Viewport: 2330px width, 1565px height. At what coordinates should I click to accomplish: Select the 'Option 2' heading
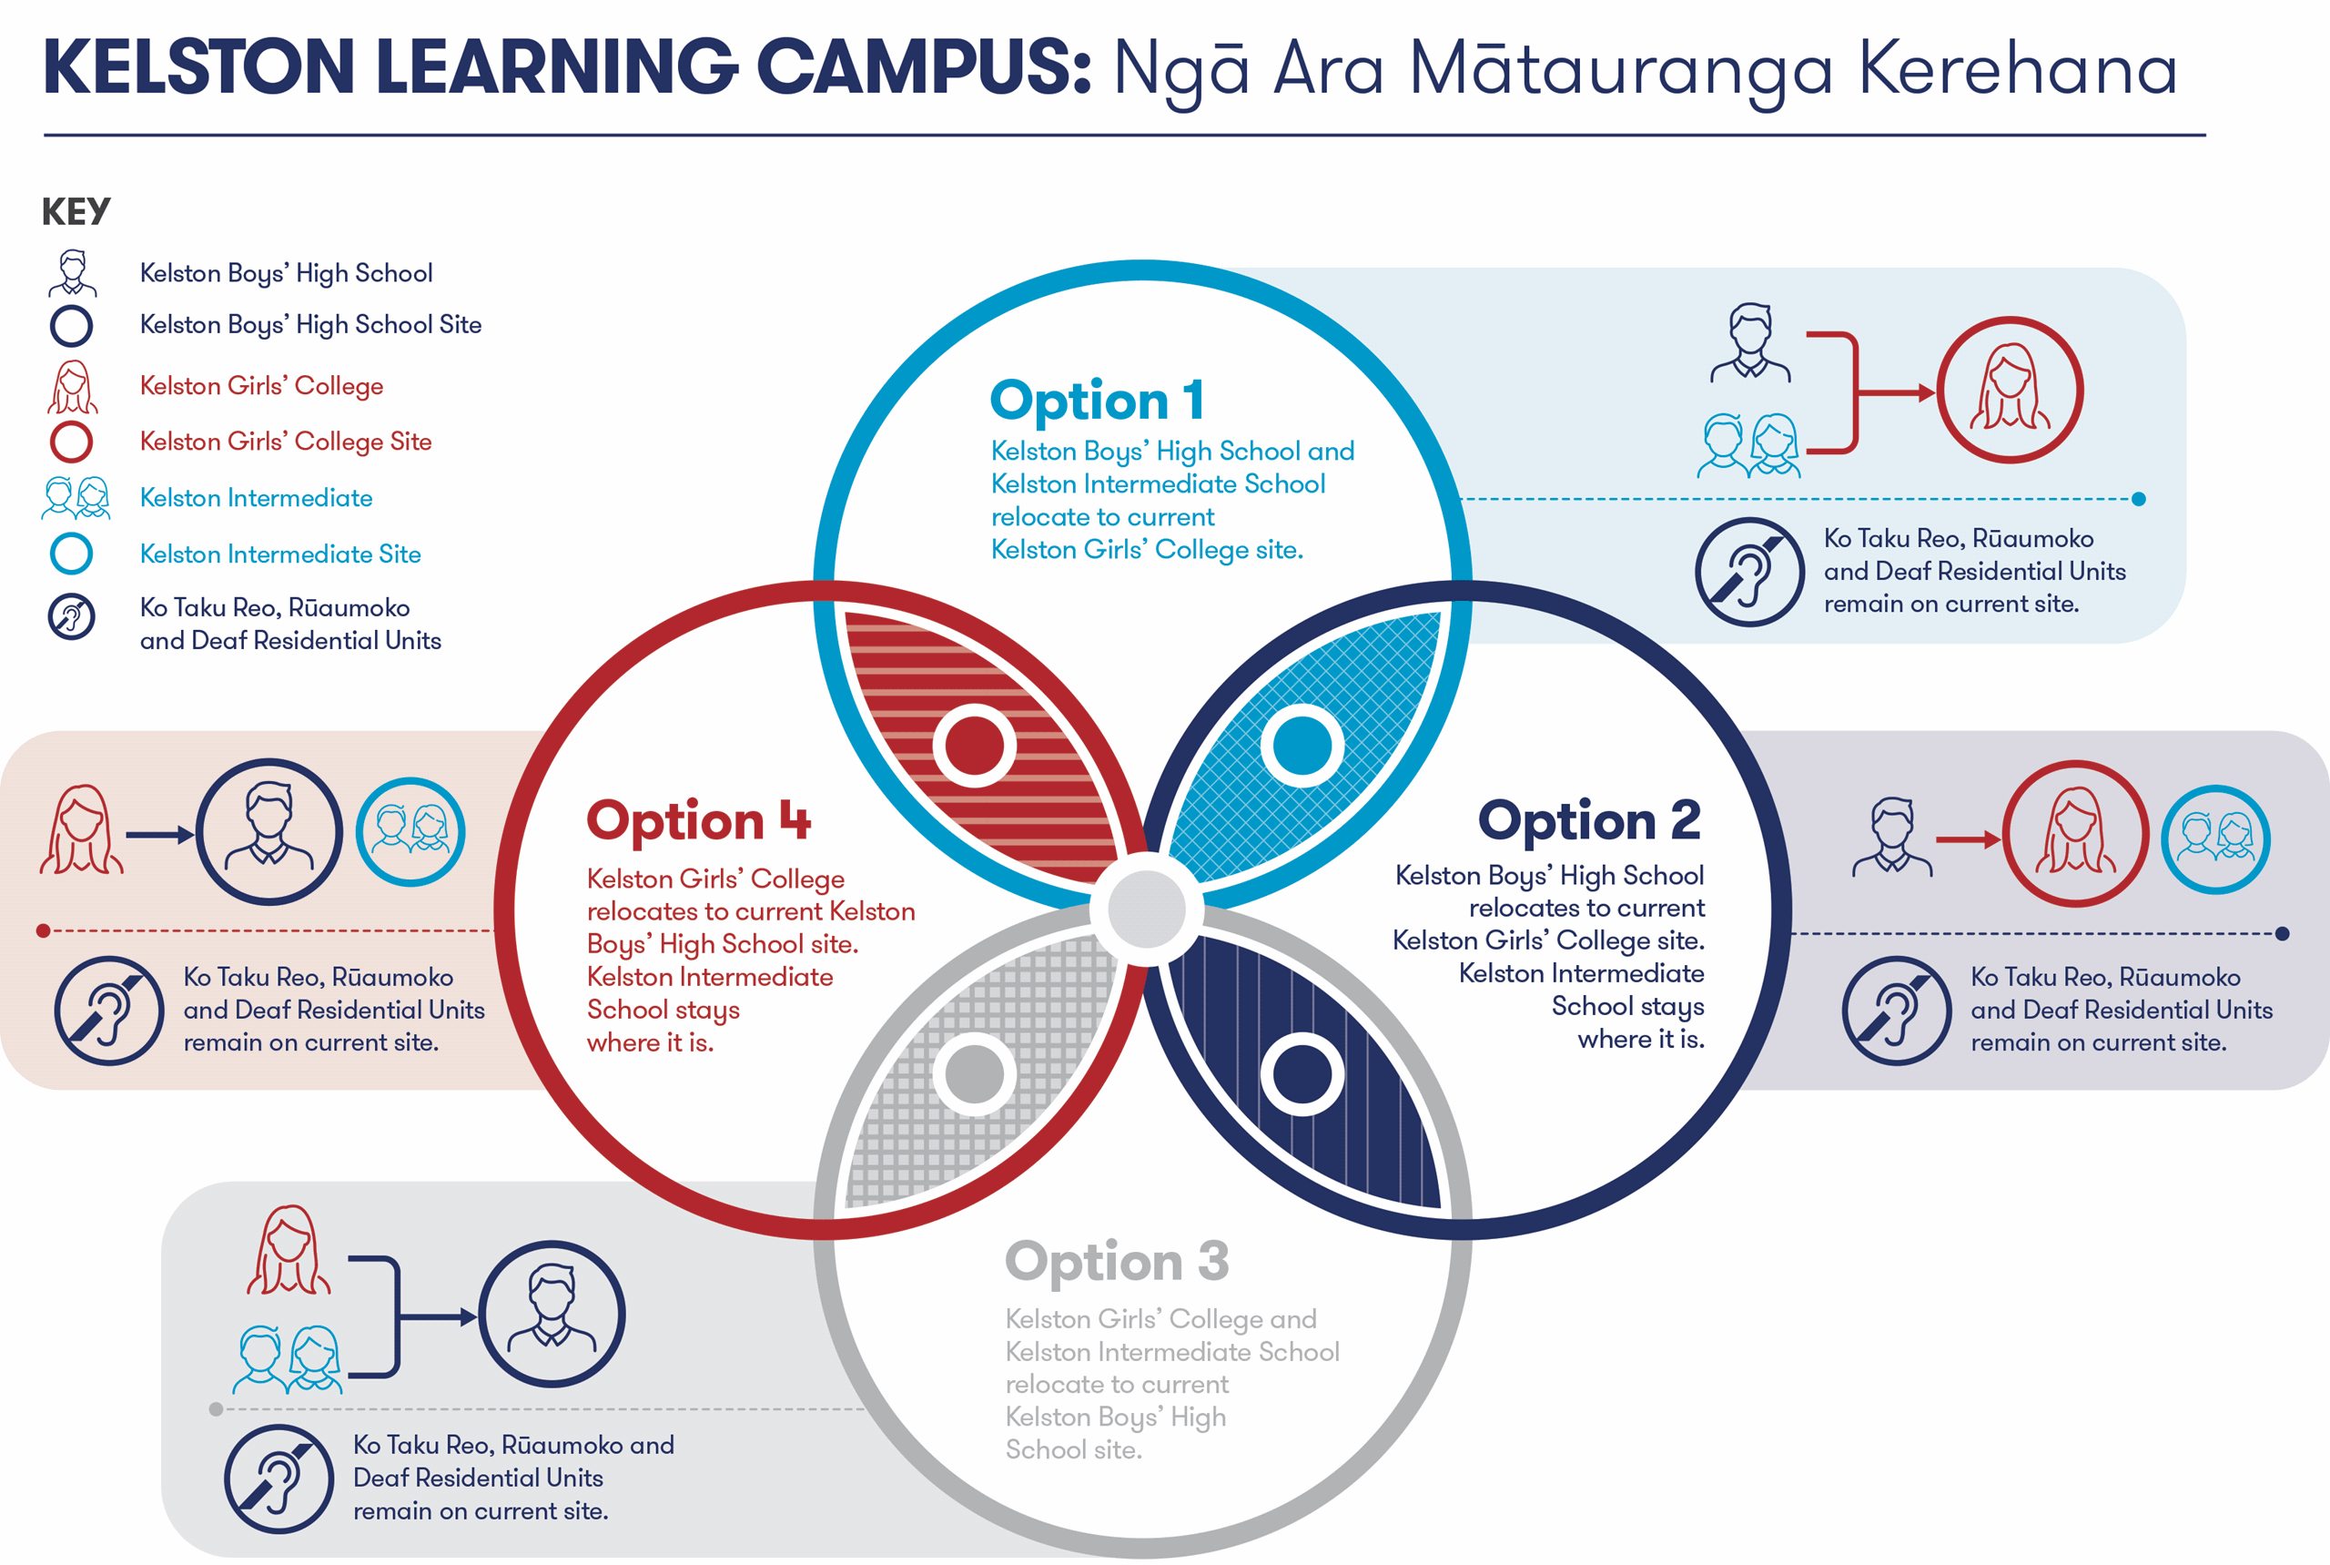(1588, 821)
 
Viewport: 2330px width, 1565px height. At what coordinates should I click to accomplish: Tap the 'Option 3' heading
(1117, 1262)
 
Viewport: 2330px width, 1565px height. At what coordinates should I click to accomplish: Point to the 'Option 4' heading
(698, 821)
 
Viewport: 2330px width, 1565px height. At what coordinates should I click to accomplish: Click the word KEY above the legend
(76, 211)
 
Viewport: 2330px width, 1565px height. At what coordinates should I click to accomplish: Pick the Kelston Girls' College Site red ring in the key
(72, 442)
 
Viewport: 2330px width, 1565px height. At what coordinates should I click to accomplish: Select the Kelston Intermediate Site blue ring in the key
(72, 554)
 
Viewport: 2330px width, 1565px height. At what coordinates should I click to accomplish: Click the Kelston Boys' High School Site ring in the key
(72, 325)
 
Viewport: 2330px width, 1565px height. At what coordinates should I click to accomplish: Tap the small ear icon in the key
(72, 617)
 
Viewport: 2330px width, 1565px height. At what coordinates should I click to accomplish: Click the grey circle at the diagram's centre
(1147, 909)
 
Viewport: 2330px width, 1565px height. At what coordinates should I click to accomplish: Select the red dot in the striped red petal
(974, 746)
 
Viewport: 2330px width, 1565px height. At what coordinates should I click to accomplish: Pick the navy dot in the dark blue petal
(1302, 1074)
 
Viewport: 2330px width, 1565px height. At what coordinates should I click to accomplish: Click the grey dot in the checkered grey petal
(974, 1074)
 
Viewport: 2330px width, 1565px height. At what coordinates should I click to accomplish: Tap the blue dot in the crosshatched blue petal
(1302, 746)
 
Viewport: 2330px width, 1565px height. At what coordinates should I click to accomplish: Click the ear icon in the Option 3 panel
(279, 1479)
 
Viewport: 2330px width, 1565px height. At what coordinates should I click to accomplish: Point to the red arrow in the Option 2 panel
(1967, 839)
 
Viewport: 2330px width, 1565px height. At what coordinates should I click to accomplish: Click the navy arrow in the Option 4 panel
(159, 835)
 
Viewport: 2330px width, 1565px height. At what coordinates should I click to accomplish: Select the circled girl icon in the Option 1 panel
(2010, 391)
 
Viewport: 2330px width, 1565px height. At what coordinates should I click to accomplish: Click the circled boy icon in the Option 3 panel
(552, 1314)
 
